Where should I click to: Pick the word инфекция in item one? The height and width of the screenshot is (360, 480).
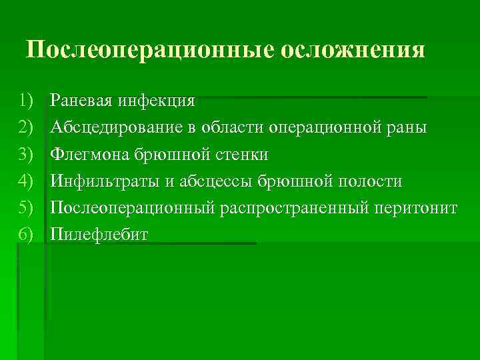click(157, 101)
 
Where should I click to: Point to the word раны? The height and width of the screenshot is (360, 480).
click(409, 129)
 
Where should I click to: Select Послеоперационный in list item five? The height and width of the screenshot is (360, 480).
click(133, 209)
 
